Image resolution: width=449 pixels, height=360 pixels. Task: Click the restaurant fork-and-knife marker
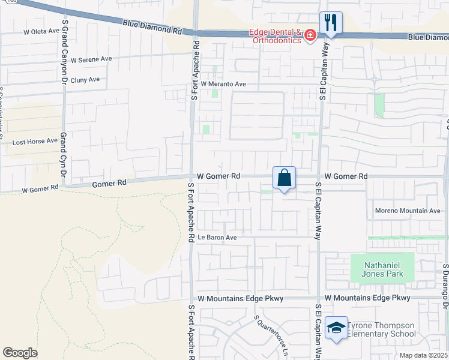pos(331,23)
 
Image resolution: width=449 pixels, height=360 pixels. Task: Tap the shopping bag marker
pos(285,178)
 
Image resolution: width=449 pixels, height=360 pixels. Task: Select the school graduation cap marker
pos(336,328)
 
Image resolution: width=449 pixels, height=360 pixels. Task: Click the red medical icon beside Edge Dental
pos(310,36)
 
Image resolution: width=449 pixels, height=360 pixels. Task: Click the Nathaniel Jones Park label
pos(382,269)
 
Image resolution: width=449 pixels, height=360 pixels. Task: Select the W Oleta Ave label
pos(41,31)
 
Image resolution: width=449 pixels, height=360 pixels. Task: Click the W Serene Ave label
pos(91,60)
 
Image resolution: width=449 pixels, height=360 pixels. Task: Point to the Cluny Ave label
pos(85,79)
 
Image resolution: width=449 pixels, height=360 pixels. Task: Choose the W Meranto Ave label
pos(223,84)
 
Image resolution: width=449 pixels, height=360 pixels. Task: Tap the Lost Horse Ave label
pos(35,142)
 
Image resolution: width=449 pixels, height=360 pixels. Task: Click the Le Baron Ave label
pos(217,238)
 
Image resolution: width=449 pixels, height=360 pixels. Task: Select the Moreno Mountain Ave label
pos(408,211)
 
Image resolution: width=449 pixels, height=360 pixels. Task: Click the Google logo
pos(20,353)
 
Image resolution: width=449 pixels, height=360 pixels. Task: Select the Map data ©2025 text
pos(423,355)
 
